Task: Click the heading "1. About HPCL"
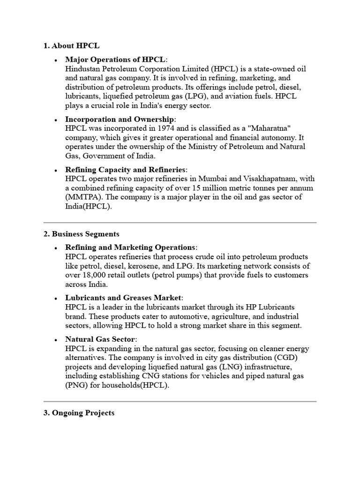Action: pos(71,46)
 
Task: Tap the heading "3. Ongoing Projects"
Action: pos(79,413)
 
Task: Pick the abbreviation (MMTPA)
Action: pos(82,197)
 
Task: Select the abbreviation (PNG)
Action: pos(76,385)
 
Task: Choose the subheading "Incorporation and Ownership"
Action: pos(120,120)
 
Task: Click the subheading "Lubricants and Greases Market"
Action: pos(123,298)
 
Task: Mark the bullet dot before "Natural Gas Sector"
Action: pos(56,340)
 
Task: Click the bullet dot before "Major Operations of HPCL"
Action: pos(56,60)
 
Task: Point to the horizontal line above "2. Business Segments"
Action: pos(180,222)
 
